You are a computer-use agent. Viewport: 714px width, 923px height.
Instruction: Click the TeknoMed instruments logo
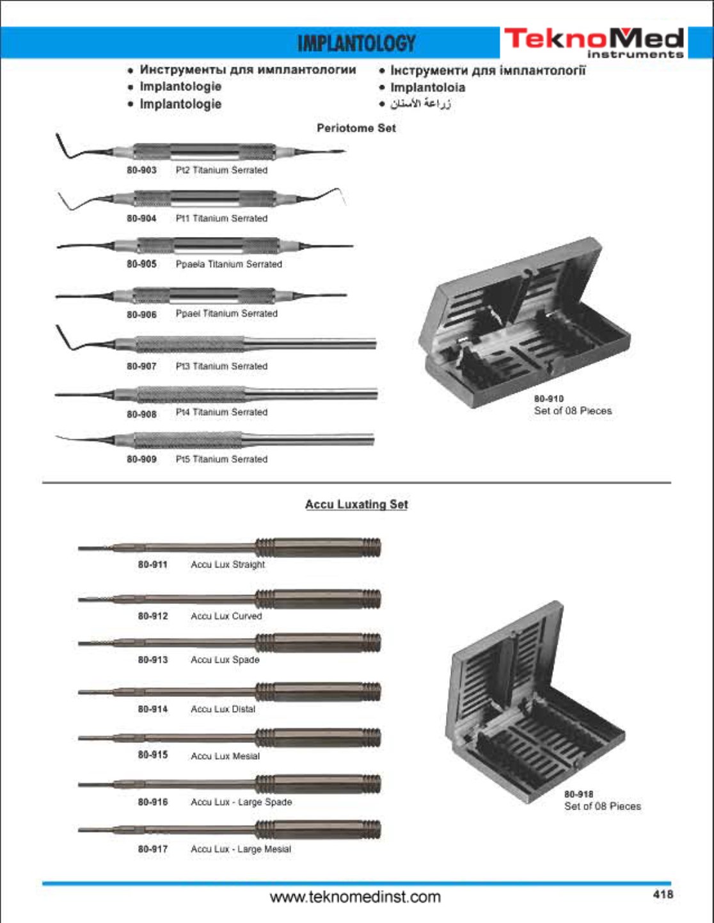tap(594, 42)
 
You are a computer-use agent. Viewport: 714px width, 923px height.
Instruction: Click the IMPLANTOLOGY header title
tap(356, 44)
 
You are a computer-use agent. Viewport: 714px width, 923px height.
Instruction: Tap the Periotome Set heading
tap(356, 128)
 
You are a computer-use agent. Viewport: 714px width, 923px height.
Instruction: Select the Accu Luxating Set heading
tap(356, 505)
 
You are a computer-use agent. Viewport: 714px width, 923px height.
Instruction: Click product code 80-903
tap(141, 170)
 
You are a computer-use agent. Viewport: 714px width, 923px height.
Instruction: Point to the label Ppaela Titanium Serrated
tap(228, 264)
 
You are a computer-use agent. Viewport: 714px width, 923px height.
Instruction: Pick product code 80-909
tap(141, 459)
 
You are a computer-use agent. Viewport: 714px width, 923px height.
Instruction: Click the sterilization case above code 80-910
tap(525, 323)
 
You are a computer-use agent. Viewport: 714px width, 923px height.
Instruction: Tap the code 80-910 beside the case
tap(548, 398)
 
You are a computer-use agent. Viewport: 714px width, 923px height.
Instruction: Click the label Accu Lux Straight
tap(228, 564)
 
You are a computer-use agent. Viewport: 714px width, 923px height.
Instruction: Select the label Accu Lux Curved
tap(226, 616)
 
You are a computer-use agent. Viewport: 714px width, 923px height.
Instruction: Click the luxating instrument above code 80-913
tap(230, 642)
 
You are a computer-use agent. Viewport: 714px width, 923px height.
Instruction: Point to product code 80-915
tap(153, 755)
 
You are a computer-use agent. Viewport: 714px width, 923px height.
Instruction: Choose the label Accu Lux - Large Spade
tap(241, 802)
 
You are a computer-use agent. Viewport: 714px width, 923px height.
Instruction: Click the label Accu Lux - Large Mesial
tap(241, 849)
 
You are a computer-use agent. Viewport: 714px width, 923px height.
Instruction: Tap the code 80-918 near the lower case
tap(578, 794)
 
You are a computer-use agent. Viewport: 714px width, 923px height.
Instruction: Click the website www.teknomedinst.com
tap(356, 897)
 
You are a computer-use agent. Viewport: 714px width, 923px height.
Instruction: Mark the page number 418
tap(663, 894)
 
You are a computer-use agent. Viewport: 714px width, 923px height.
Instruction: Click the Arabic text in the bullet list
tap(420, 104)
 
